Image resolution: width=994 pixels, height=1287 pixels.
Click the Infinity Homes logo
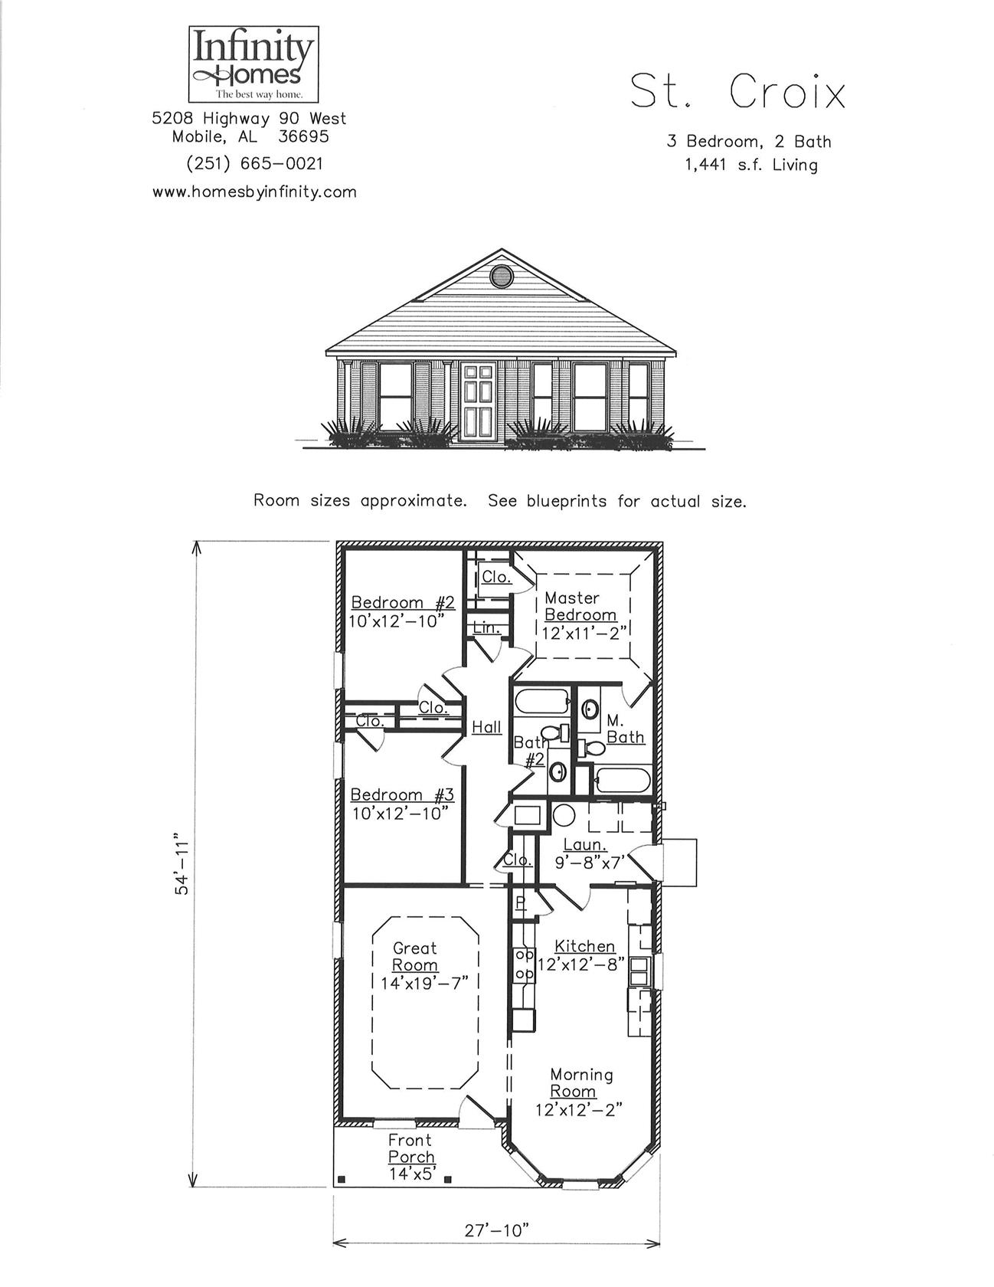point(253,64)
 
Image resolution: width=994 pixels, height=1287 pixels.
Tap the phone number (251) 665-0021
point(254,163)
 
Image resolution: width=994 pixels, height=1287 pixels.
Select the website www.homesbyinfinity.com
point(254,192)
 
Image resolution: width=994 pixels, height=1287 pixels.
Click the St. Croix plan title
point(738,93)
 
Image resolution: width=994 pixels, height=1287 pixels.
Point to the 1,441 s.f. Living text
point(750,165)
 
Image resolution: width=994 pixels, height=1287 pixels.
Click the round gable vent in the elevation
point(502,276)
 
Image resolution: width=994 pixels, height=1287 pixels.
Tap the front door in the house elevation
point(480,401)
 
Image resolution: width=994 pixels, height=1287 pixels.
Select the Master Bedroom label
point(580,607)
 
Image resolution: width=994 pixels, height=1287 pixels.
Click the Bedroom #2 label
point(403,603)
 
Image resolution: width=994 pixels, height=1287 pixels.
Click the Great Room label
point(414,957)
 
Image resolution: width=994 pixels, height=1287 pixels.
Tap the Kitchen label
point(584,947)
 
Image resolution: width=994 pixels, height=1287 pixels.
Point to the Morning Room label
point(580,1082)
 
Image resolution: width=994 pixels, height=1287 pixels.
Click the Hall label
point(486,727)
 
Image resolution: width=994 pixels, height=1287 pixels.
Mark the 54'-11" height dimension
point(181,863)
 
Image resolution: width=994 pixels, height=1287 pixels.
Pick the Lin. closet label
point(486,628)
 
